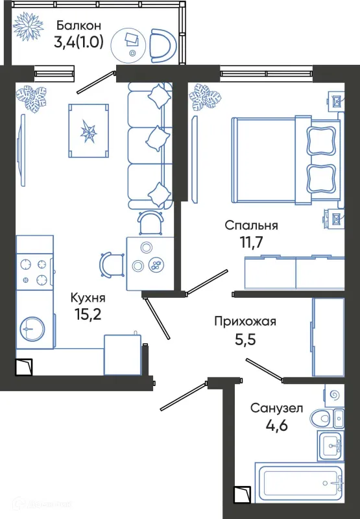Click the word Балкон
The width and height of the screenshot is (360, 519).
click(78, 26)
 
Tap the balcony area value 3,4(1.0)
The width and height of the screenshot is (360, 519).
click(78, 45)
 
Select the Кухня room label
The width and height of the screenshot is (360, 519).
click(88, 298)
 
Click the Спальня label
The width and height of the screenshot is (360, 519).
click(252, 226)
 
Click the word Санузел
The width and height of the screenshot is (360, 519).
click(276, 409)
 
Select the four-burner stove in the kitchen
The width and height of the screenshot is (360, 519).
click(35, 271)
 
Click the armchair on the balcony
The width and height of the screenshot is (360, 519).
click(161, 45)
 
